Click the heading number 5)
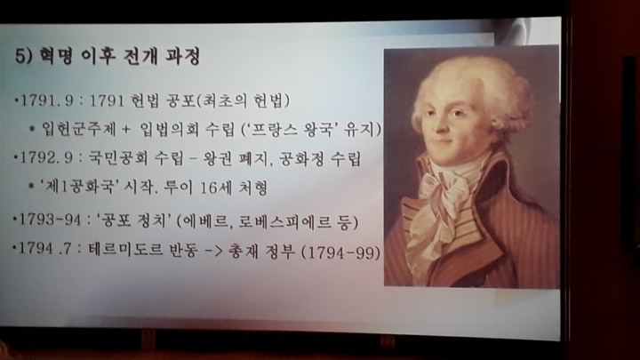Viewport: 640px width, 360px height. pos(23,55)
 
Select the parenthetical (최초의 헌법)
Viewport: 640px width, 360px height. pos(244,100)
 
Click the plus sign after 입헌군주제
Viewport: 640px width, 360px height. pos(125,130)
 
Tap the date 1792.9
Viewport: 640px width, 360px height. pos(45,158)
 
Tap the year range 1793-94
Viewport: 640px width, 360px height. pos(50,220)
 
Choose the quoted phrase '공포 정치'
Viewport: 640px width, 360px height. pos(133,220)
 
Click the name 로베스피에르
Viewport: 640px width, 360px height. pos(285,222)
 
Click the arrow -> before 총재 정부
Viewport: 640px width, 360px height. pos(213,250)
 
